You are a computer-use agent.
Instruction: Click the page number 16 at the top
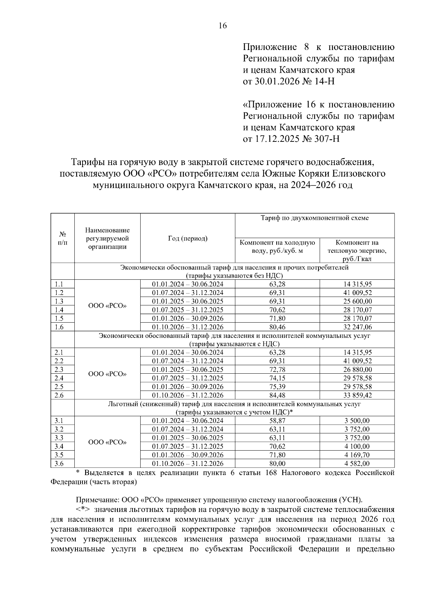tap(222, 26)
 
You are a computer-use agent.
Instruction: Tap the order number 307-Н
tap(325, 139)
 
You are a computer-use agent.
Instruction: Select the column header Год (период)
tap(187, 239)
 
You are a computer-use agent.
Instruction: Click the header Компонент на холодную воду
tap(277, 247)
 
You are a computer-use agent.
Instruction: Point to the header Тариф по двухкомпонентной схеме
tap(314, 218)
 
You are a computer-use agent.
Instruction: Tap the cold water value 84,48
tap(277, 395)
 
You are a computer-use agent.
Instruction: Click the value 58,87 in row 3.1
tap(277, 421)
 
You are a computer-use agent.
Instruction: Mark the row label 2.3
tap(59, 369)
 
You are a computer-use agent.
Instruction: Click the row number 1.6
tap(59, 327)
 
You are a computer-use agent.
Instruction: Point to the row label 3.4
tap(59, 446)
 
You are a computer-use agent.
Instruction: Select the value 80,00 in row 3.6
tap(277, 464)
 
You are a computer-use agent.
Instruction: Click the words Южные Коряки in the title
tap(290, 174)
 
